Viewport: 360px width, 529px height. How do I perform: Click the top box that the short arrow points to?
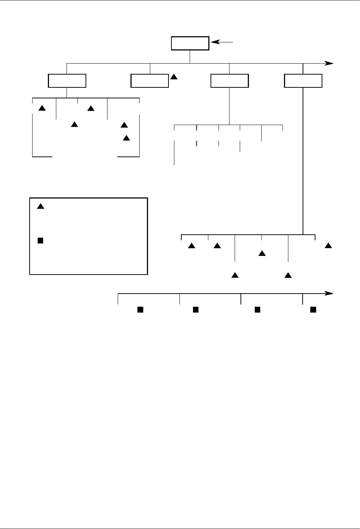190,43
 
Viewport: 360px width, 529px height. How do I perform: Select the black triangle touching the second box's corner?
174,77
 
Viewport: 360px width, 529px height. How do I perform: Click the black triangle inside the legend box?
40,207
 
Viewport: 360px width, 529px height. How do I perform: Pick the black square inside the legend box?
40,241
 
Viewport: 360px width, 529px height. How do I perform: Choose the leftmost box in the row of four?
67,81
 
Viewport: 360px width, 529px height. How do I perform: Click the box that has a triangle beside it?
150,81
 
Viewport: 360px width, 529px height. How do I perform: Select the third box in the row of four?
230,81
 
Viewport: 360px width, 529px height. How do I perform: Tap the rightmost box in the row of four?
303,81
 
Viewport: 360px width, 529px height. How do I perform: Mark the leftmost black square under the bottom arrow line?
140,310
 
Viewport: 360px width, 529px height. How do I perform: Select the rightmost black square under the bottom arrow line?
313,310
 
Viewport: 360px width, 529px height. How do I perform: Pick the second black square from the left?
196,310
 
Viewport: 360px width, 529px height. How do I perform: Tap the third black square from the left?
257,310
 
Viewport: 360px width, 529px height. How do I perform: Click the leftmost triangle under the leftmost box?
42,108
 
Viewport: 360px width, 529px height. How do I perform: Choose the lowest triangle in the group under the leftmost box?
126,138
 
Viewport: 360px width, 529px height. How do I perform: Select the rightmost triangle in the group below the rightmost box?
328,245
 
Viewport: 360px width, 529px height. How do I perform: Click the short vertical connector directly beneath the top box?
190,57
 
